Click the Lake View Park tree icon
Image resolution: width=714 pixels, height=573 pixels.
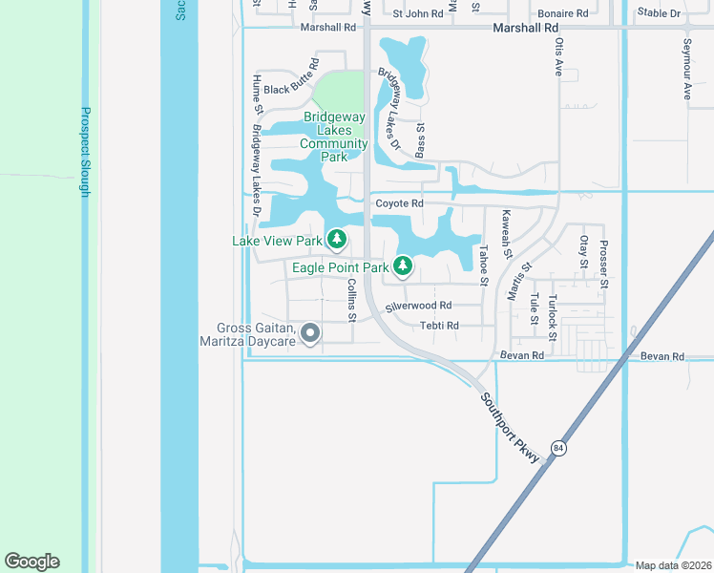pos(336,239)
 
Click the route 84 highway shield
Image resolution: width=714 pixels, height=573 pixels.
pos(558,448)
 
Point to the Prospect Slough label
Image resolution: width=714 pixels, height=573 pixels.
pos(85,151)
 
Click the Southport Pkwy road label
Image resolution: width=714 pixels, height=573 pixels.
pos(510,427)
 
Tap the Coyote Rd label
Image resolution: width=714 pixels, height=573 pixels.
pos(399,203)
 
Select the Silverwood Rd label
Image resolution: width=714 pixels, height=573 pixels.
pos(418,306)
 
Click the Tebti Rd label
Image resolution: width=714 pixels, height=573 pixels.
pos(439,326)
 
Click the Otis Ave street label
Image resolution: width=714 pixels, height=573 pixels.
pos(559,57)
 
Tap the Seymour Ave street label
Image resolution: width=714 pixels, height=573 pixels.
pos(686,71)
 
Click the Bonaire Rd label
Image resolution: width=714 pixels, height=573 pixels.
pos(562,13)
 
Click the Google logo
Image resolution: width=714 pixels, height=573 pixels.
pos(31,562)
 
